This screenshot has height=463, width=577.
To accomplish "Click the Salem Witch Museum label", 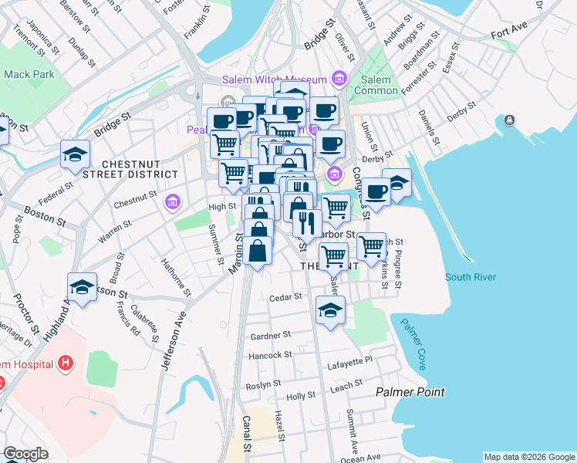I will [x=275, y=79].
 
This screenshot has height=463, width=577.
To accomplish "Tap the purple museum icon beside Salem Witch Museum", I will [x=338, y=78].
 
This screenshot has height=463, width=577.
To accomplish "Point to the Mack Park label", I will [x=29, y=75].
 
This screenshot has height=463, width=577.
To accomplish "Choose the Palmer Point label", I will [x=410, y=392].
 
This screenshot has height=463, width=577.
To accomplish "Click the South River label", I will [x=469, y=277].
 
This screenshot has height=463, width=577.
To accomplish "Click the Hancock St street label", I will [x=271, y=355].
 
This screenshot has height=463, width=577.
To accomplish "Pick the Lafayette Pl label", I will [x=349, y=360].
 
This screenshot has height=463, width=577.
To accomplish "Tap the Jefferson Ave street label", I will [x=174, y=340].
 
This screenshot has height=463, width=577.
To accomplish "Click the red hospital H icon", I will [x=66, y=363].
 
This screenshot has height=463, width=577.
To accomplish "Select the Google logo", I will [x=25, y=454].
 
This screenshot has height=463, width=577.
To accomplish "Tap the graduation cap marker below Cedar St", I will [x=330, y=310].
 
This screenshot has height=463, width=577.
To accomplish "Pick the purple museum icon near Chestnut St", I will [x=173, y=203].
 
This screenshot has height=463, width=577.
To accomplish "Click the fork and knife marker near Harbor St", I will [x=308, y=224].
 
